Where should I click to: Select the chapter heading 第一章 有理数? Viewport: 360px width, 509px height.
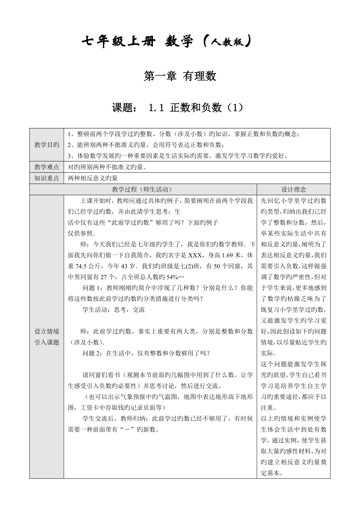(180, 76)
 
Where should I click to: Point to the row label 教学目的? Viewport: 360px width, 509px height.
(47, 145)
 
